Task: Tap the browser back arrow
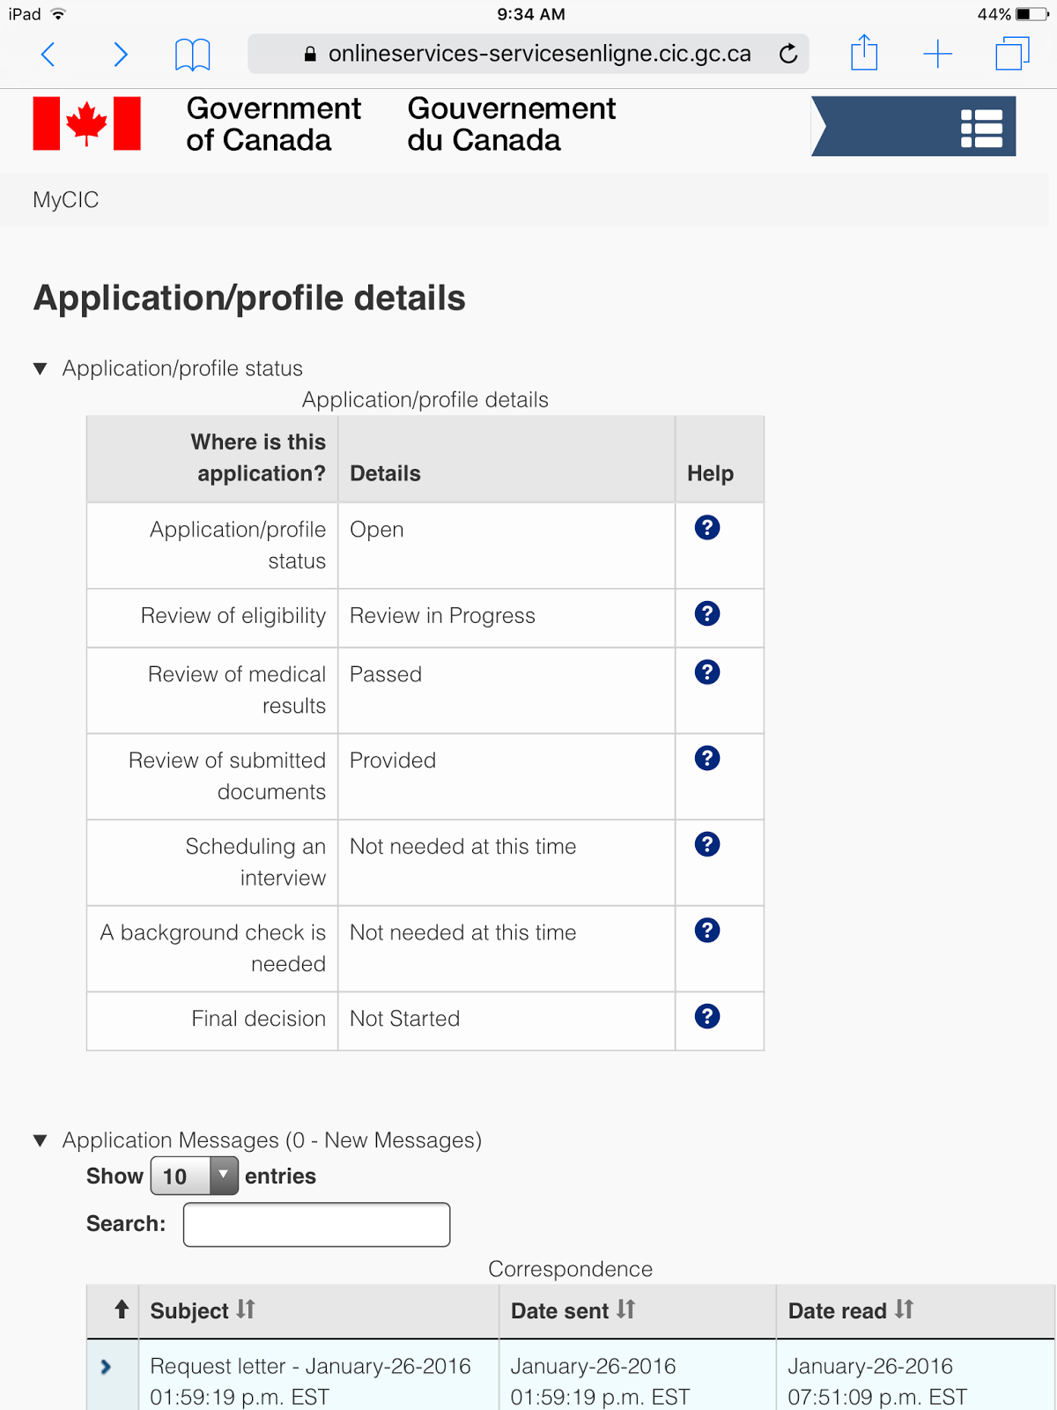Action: pos(48,55)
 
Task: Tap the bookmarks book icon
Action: pos(192,55)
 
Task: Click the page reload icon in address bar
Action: pos(788,54)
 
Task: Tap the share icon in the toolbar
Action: pos(864,53)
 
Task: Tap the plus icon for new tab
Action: pos(937,54)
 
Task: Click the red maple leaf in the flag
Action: pos(86,123)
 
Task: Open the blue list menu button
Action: pos(981,128)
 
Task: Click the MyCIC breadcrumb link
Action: pos(66,200)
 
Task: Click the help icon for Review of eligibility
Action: pos(707,613)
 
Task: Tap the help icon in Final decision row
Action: pos(707,1016)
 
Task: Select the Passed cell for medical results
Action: pos(386,674)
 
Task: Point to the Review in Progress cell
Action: pos(442,616)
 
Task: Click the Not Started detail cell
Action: pos(404,1019)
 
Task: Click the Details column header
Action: pos(386,473)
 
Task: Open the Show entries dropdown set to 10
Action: pos(195,1176)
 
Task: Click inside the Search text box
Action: pos(316,1224)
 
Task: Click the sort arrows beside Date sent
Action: pos(625,1310)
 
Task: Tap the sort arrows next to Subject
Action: pos(246,1310)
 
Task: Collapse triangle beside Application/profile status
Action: pos(40,368)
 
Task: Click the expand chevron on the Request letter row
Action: pos(107,1367)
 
